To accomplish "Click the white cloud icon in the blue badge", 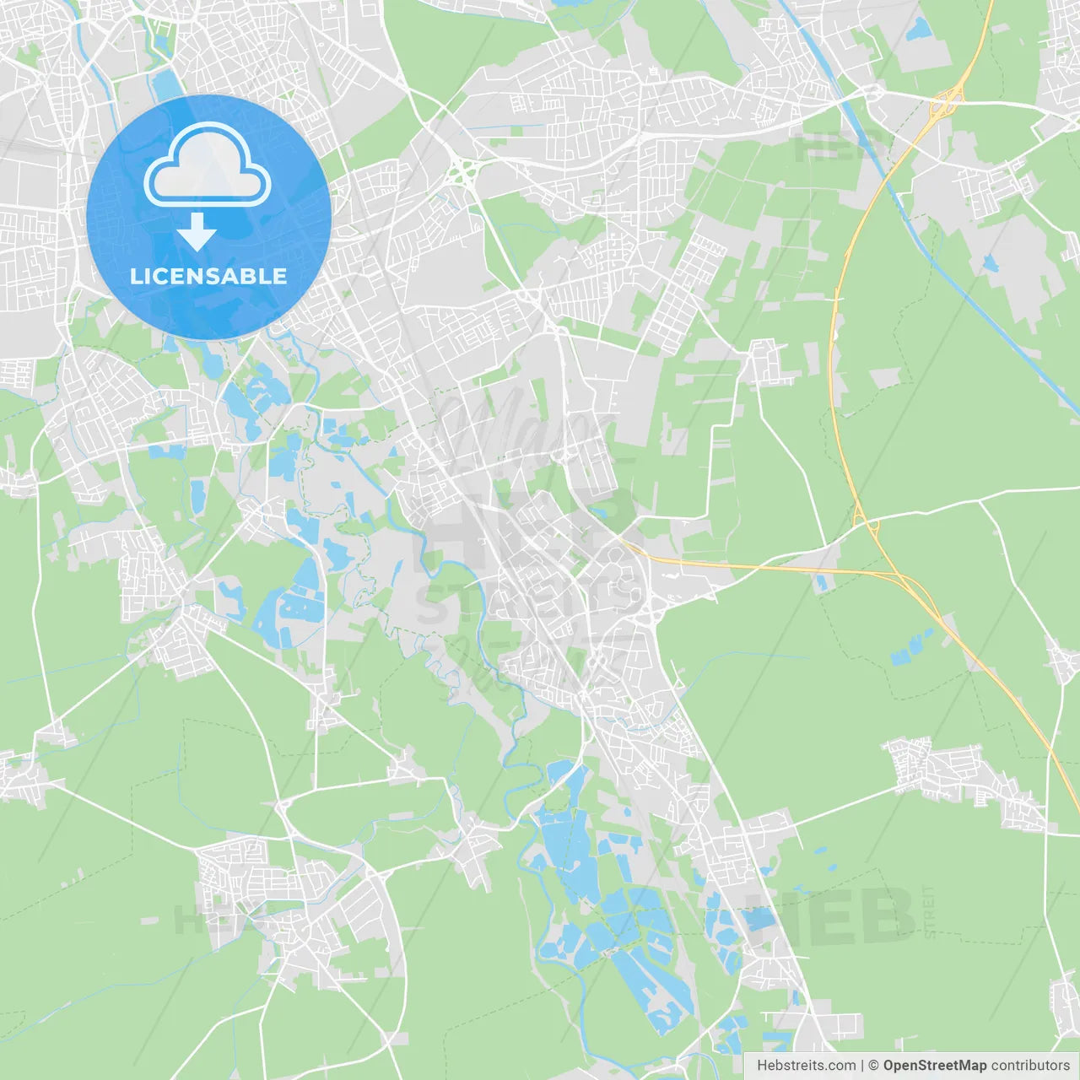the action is click(208, 165).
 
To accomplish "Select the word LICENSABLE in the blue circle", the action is click(208, 276).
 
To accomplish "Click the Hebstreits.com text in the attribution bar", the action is click(806, 1066).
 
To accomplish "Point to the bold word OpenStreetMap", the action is click(934, 1066).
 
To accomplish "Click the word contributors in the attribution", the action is click(1030, 1066).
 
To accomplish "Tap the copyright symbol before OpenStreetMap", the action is click(873, 1066).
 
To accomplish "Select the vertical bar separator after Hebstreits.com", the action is click(862, 1066).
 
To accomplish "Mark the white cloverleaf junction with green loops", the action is click(462, 173).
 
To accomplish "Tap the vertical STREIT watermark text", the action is click(930, 911).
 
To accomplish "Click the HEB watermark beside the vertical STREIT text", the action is click(831, 915).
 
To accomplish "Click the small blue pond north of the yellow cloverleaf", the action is click(919, 30).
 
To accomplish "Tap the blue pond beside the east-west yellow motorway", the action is click(821, 582).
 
